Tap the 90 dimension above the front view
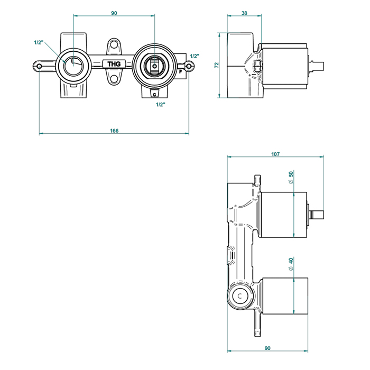[114, 13]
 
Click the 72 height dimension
[216, 65]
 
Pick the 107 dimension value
[275, 154]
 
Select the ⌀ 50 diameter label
[291, 178]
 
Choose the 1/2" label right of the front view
[194, 56]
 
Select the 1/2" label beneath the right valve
[161, 105]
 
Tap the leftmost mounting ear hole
[40, 66]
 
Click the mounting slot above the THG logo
[114, 47]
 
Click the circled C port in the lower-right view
[241, 296]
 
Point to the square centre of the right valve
[154, 67]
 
